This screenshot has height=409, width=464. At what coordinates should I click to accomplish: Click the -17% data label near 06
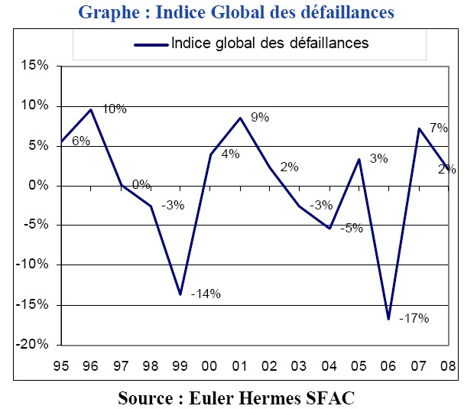(414, 317)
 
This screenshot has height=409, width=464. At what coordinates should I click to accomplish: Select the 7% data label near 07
(438, 128)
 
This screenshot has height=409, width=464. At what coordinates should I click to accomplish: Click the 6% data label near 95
(81, 141)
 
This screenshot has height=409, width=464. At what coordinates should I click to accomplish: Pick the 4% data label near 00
(230, 154)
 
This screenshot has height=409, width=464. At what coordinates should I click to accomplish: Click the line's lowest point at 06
(389, 319)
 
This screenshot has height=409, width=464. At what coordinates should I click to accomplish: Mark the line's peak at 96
(92, 109)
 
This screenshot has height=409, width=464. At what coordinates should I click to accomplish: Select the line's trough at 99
(181, 294)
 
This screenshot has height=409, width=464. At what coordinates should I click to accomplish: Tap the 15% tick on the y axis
(35, 67)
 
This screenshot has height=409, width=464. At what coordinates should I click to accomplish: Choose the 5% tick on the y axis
(38, 146)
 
